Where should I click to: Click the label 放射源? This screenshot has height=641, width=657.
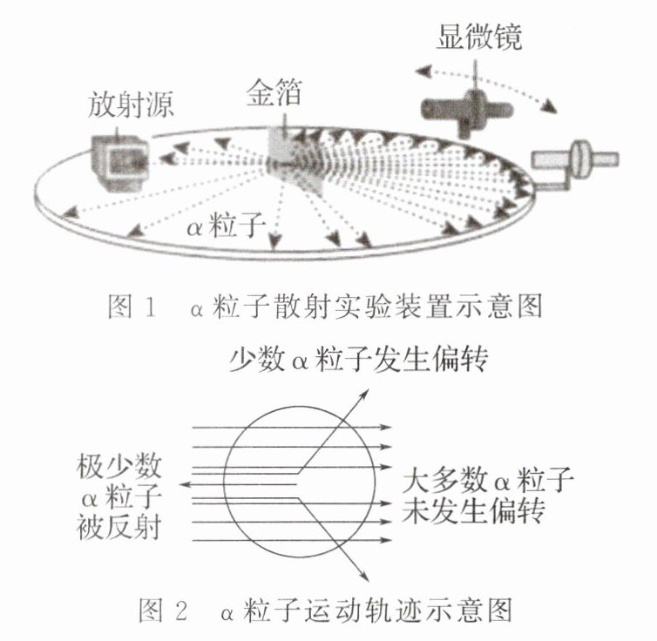click(x=131, y=106)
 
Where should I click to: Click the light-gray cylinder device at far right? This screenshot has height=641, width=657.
click(x=575, y=159)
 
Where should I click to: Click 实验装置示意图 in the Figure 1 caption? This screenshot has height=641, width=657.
click(x=452, y=307)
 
